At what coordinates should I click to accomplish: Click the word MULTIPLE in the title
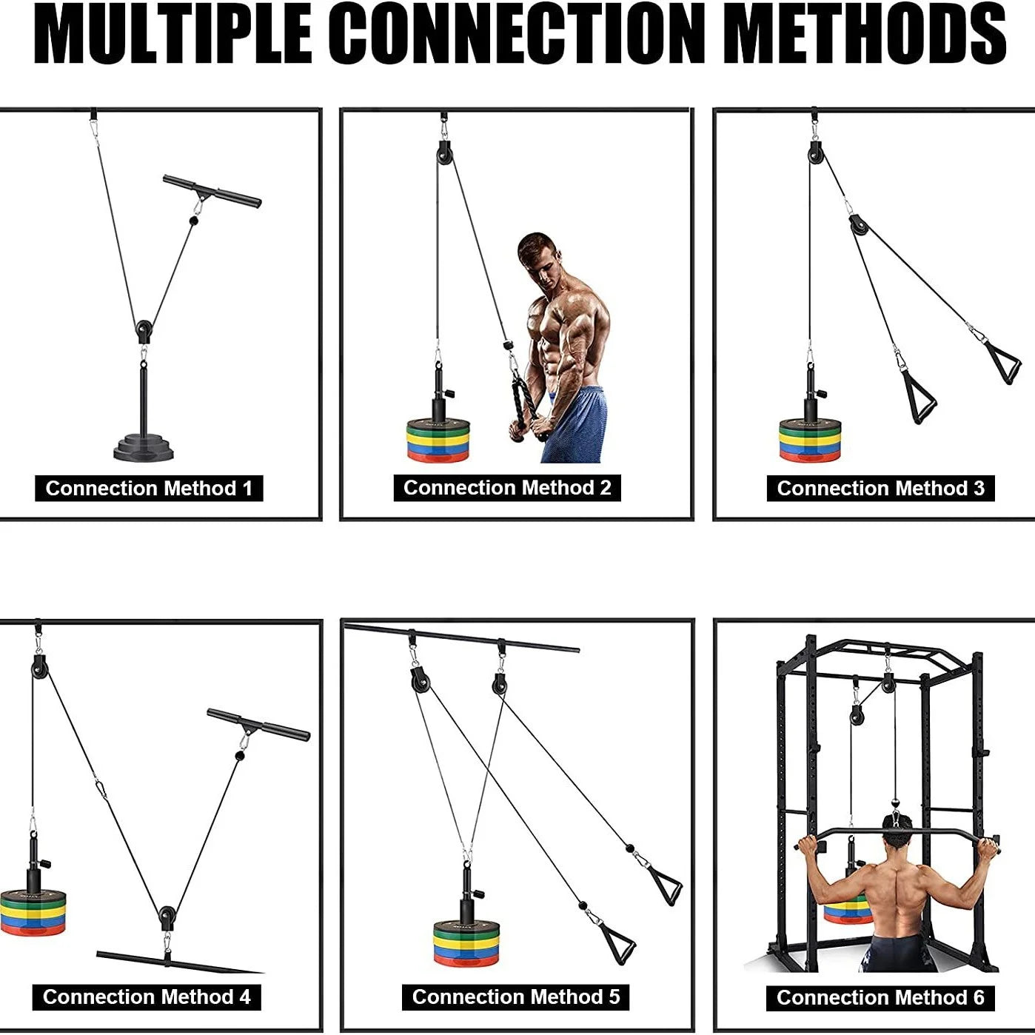[172, 36]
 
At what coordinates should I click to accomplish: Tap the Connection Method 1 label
[149, 489]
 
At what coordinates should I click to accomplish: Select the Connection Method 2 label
[507, 488]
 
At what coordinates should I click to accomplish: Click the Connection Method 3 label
[880, 489]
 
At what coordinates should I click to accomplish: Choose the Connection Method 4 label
[147, 997]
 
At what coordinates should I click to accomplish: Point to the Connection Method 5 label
[515, 997]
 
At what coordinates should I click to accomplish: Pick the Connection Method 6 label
[880, 998]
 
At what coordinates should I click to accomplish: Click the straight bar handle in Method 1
[212, 191]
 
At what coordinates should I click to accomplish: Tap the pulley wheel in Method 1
[144, 328]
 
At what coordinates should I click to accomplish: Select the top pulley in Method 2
[445, 154]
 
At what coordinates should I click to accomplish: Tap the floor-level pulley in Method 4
[167, 918]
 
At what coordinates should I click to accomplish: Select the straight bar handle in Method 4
[258, 725]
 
